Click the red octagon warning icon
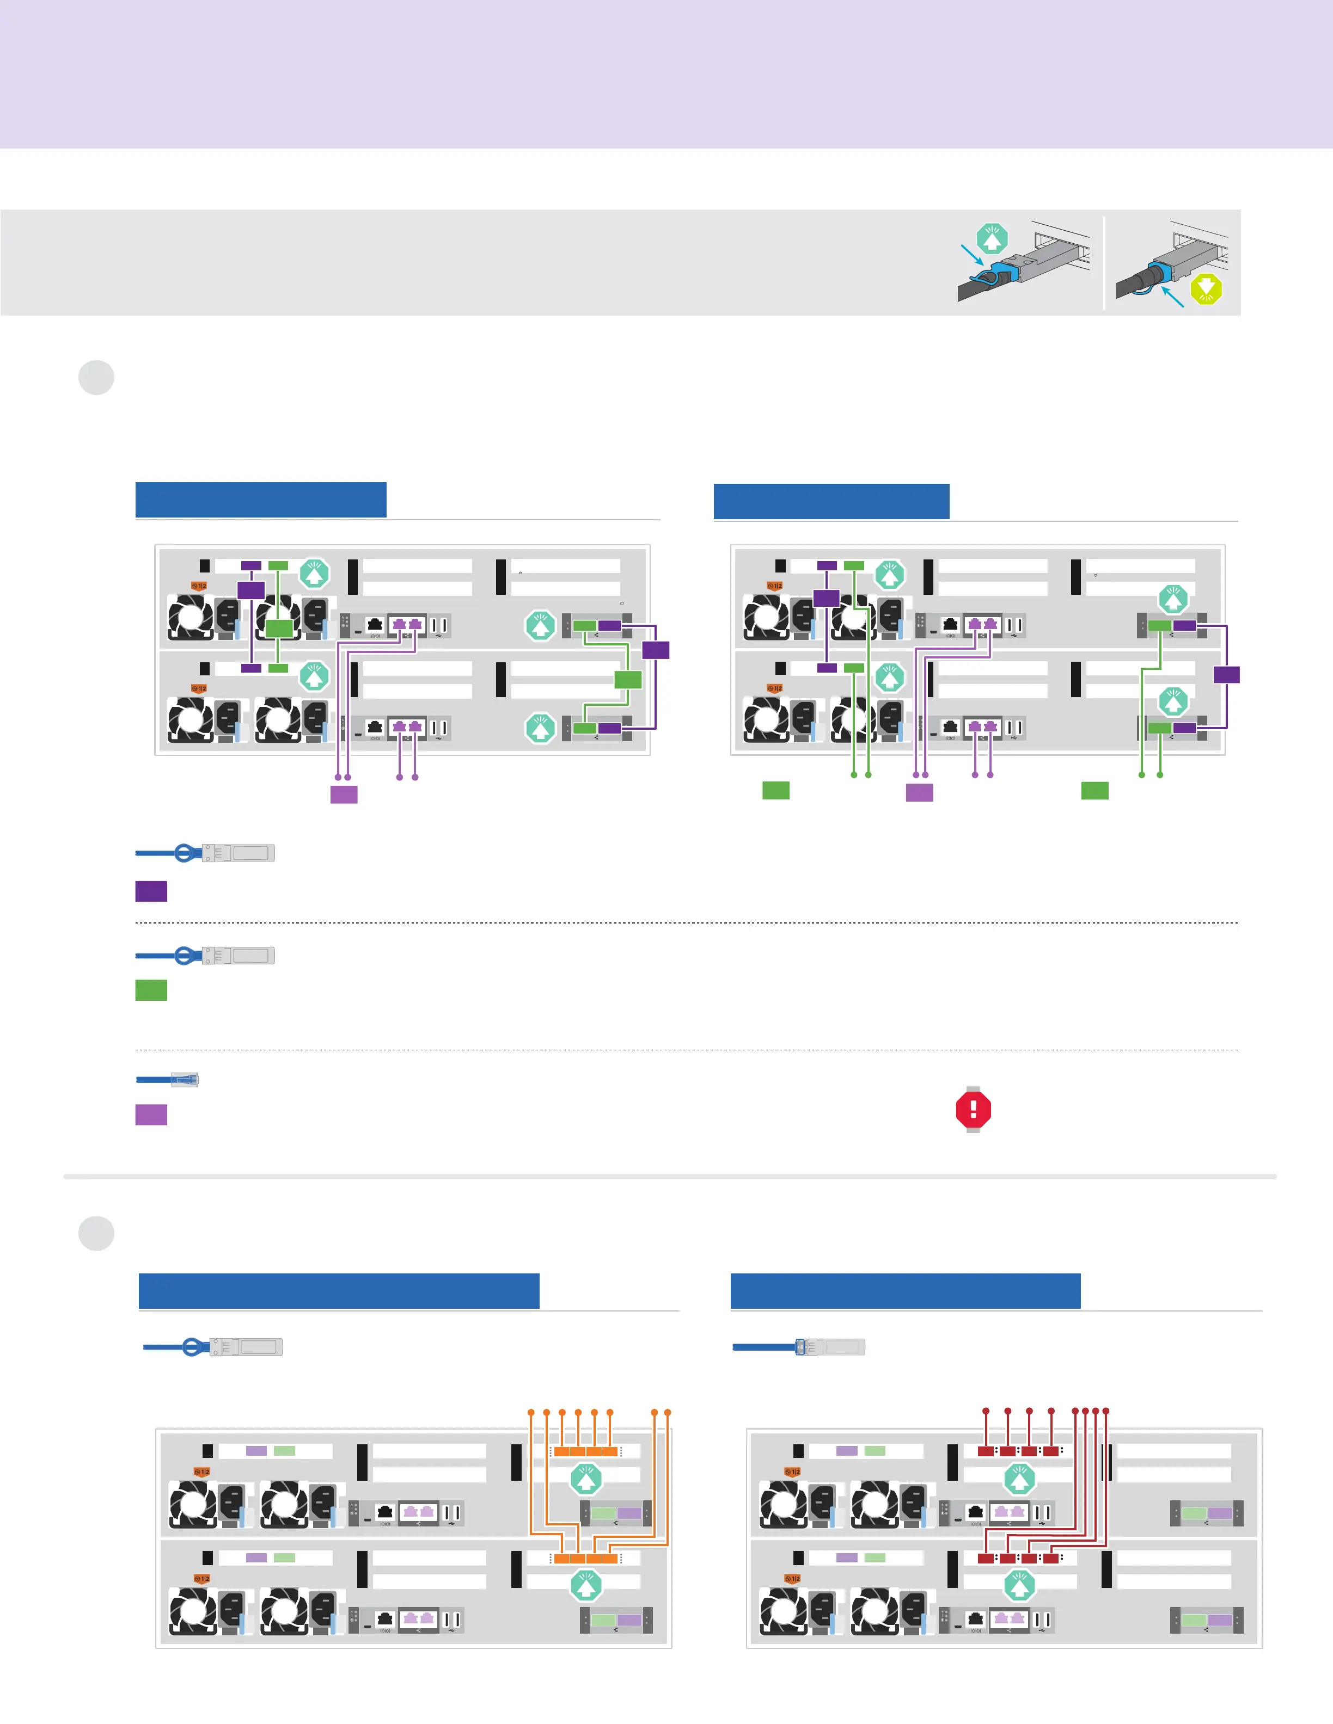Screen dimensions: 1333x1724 tap(973, 1109)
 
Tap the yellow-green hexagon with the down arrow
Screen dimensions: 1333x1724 tap(1206, 289)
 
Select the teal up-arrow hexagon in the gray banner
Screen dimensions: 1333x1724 tap(992, 238)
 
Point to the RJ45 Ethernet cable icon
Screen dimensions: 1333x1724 tap(167, 1079)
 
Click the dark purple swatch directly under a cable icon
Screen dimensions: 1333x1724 tap(151, 891)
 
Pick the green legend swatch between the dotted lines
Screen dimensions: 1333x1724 tap(151, 990)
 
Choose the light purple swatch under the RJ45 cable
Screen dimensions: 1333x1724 tap(151, 1114)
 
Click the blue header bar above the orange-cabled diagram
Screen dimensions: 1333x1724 tap(339, 1291)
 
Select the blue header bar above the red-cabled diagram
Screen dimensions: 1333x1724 tap(905, 1291)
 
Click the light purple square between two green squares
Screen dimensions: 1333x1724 tap(919, 792)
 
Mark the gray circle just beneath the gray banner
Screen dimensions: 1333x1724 tap(96, 377)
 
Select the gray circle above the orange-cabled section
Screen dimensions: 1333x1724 tap(96, 1233)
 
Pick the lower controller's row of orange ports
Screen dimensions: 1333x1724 tap(585, 1558)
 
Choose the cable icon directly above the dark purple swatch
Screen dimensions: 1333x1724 tap(205, 853)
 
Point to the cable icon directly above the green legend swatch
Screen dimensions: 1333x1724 tap(205, 955)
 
